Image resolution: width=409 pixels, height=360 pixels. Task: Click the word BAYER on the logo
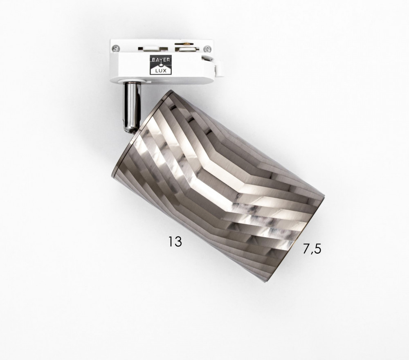160,59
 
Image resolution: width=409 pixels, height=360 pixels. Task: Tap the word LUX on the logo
160,71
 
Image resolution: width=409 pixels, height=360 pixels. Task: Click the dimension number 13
175,241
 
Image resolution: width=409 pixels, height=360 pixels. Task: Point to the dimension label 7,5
312,249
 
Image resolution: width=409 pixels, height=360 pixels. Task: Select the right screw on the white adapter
207,49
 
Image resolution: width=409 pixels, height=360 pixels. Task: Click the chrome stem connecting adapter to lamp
132,107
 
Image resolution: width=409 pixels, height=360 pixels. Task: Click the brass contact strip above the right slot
186,43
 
